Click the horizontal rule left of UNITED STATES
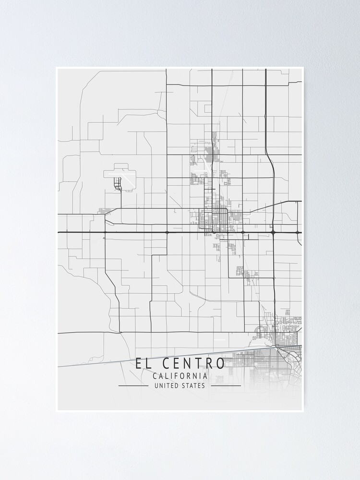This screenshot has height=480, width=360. (133, 385)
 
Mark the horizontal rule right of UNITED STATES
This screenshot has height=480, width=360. (226, 385)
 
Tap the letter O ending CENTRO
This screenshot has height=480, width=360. (220, 363)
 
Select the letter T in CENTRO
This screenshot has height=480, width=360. (198, 363)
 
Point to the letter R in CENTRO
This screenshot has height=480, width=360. (208, 363)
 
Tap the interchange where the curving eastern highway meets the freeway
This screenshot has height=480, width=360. (273, 232)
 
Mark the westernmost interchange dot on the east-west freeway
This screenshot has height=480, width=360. (105, 232)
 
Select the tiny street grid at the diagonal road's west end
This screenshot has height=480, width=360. (104, 211)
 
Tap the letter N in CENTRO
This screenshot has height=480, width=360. (187, 363)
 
